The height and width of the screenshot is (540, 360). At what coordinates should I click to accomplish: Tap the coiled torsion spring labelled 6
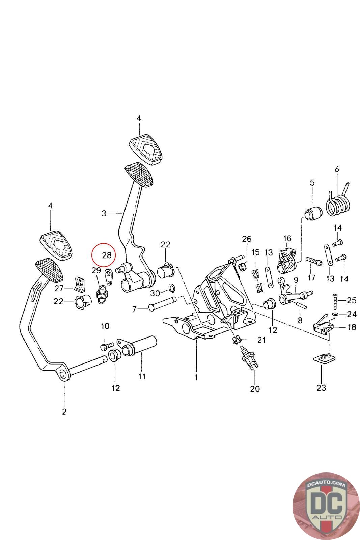[338, 203]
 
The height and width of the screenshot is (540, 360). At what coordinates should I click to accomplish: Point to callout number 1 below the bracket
[196, 377]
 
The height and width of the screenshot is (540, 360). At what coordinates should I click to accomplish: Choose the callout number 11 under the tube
[142, 376]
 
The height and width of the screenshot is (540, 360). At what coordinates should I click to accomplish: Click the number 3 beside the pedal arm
[104, 213]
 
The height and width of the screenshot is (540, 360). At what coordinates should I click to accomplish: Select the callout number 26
[247, 239]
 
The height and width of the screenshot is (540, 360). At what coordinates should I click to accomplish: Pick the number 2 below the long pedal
[64, 411]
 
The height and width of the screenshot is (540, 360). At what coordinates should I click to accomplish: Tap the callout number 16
[287, 239]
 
